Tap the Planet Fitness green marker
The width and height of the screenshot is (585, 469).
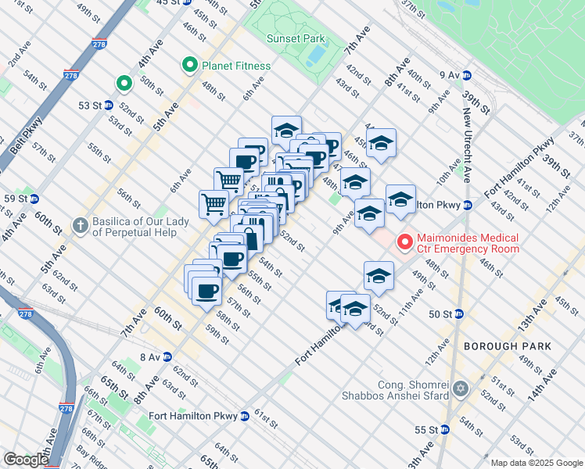coord(188,66)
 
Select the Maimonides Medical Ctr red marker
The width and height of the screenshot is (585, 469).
coord(404,242)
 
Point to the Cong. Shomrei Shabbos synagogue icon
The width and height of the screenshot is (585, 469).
coord(461,388)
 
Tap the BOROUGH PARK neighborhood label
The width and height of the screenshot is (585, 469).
coord(507,345)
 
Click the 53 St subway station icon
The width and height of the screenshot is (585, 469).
coord(109,105)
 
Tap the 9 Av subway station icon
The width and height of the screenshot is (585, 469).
coord(467,75)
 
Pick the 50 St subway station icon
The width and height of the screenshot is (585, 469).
coord(459,314)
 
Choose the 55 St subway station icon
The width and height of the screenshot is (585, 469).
coord(444,429)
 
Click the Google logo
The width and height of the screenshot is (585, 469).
coord(25,460)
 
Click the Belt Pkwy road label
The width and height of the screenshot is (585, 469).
coord(23,141)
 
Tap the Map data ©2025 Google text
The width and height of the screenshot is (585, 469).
coord(536,463)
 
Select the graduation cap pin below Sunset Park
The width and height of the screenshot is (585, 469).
coord(286,131)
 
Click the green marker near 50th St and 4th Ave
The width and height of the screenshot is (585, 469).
coord(123,83)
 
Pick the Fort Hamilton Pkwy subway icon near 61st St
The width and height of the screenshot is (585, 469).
coord(245,416)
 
